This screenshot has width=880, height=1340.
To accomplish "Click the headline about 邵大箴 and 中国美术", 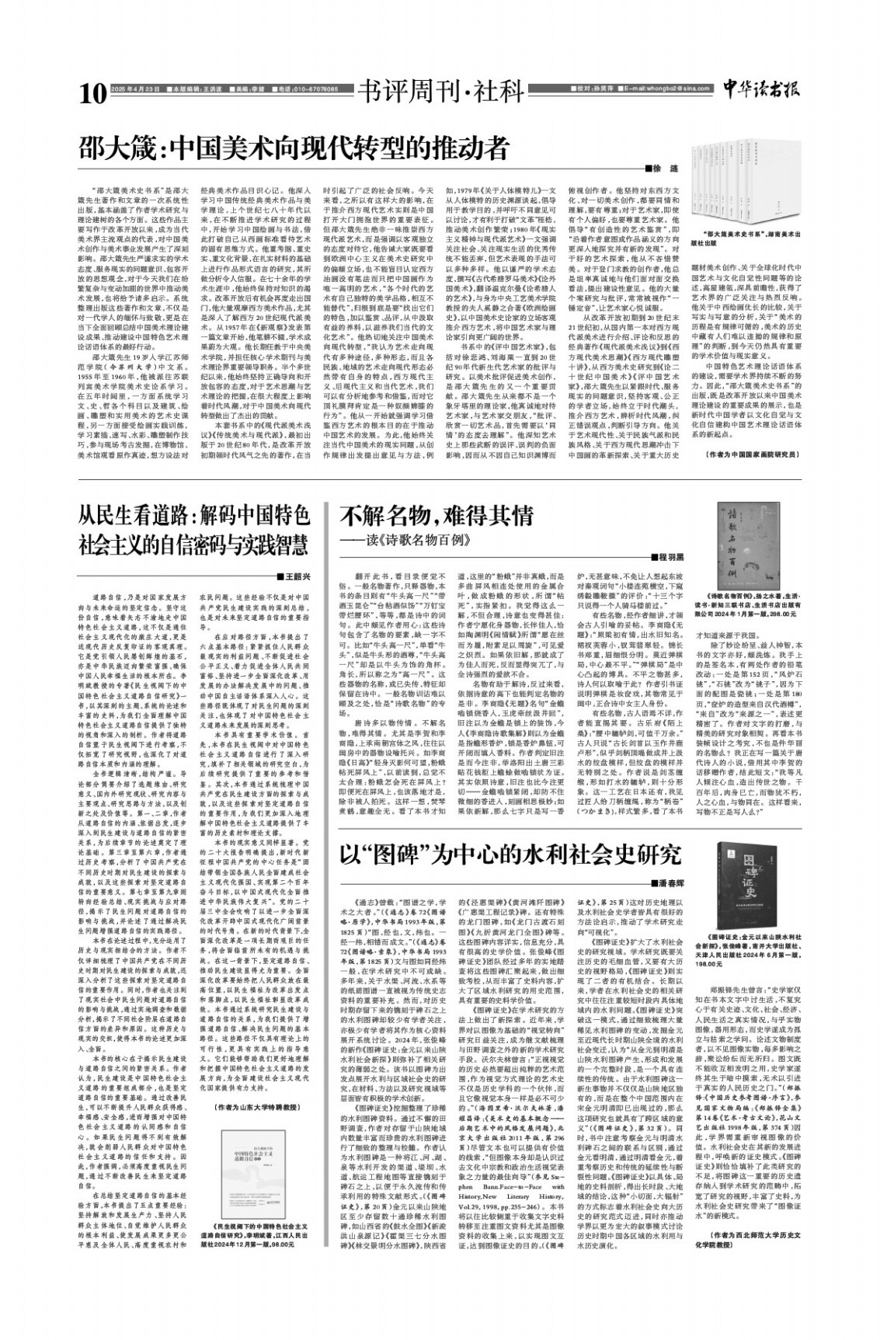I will pyautogui.click(x=293, y=148).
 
